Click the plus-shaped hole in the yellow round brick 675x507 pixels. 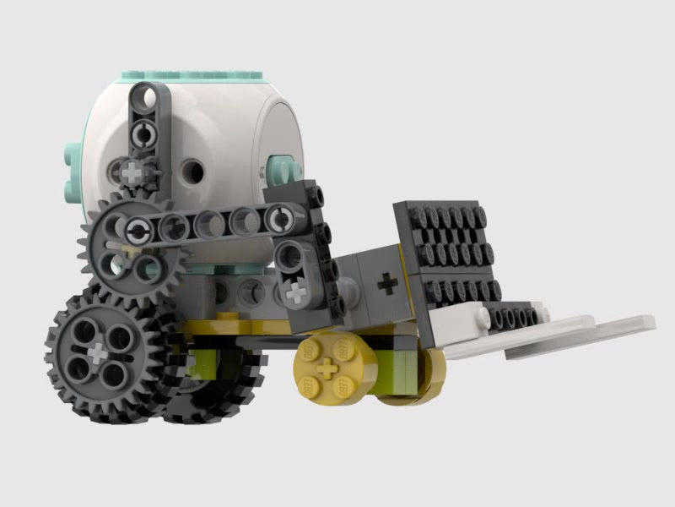pos(326,368)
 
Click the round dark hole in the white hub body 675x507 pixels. pos(194,173)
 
